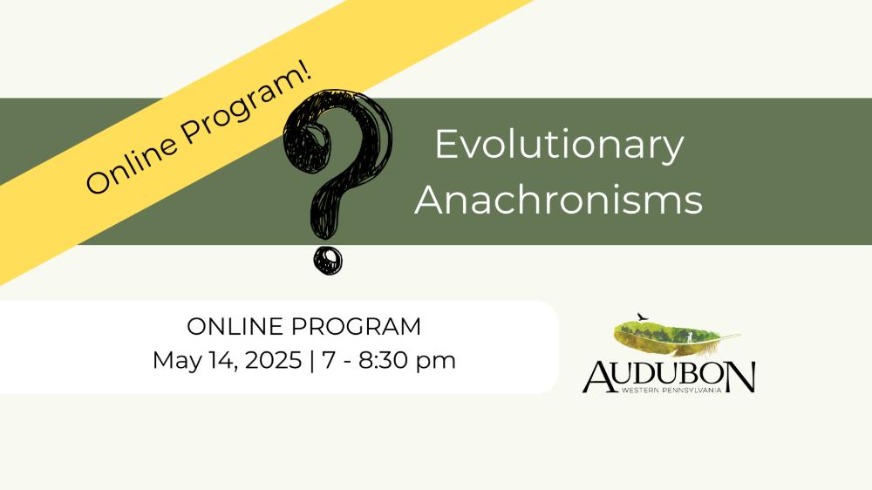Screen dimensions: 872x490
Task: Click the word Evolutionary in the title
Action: (559, 146)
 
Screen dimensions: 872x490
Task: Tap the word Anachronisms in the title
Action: (559, 199)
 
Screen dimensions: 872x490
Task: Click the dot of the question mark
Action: (328, 260)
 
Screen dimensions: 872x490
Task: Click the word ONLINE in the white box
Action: (235, 326)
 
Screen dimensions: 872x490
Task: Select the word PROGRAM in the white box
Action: (357, 326)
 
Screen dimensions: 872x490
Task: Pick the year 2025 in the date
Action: (273, 360)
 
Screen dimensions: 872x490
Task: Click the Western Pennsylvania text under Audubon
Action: (671, 390)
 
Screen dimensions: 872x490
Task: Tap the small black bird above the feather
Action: (643, 317)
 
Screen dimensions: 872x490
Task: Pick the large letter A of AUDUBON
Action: (598, 378)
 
